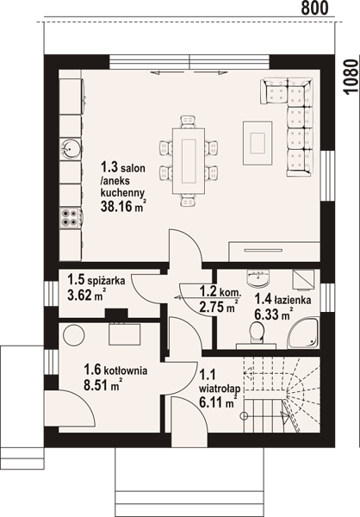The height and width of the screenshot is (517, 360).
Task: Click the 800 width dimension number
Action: pyautogui.click(x=315, y=9)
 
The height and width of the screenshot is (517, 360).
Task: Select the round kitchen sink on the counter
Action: pyautogui.click(x=71, y=149)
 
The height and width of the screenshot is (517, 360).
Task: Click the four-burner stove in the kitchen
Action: pyautogui.click(x=70, y=218)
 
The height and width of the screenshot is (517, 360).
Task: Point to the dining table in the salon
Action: pyautogui.click(x=189, y=161)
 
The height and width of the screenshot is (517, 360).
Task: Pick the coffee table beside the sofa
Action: pyautogui.click(x=258, y=143)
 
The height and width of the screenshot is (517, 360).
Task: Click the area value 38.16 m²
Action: pyautogui.click(x=123, y=207)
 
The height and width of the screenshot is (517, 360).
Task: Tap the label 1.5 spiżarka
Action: pyautogui.click(x=96, y=280)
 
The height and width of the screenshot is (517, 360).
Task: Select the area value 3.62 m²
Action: pyautogui.click(x=87, y=295)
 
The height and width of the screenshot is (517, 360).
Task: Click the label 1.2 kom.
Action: pyautogui.click(x=220, y=292)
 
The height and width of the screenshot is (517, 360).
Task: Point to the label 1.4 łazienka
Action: pyautogui.click(x=282, y=300)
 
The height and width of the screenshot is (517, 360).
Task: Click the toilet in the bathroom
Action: pyautogui.click(x=257, y=333)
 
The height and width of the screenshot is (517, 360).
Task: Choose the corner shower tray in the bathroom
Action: pyautogui.click(x=303, y=333)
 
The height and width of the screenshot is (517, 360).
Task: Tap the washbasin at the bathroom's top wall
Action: pyautogui.click(x=258, y=278)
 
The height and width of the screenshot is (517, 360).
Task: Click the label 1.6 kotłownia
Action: pyautogui.click(x=115, y=370)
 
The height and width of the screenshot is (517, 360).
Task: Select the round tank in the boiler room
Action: pyautogui.click(x=74, y=335)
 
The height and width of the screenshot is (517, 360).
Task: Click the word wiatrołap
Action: pyautogui.click(x=220, y=389)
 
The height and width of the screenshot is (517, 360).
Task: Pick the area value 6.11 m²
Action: pyautogui.click(x=218, y=402)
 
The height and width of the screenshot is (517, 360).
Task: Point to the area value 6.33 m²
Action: pyautogui.click(x=274, y=314)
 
